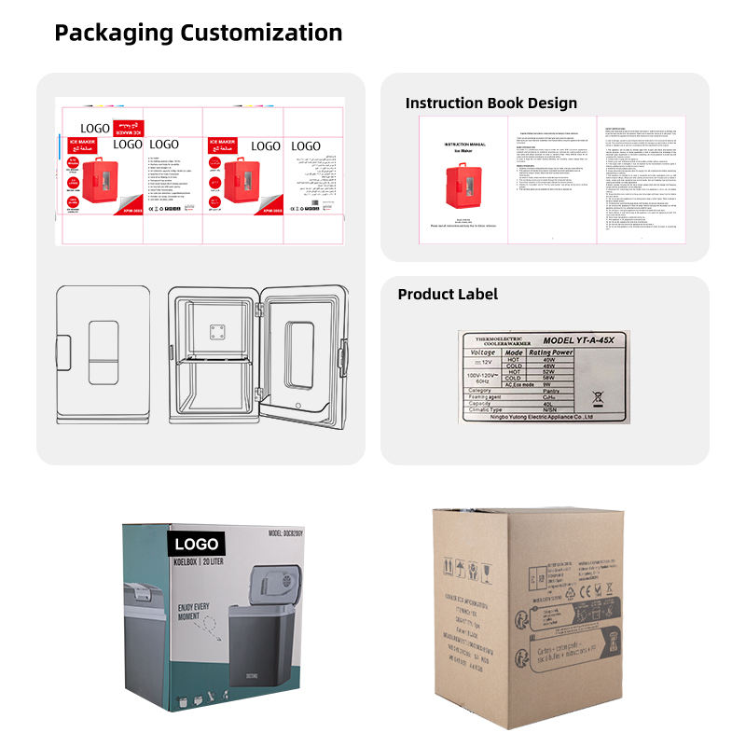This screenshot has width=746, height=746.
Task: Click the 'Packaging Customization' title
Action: [x=198, y=34]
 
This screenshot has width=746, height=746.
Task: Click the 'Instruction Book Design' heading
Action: [x=490, y=103]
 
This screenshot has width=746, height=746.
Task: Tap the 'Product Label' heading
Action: [x=448, y=295]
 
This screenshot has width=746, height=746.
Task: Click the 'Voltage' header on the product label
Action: [x=483, y=353]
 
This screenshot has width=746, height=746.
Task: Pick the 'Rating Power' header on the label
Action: [x=549, y=353]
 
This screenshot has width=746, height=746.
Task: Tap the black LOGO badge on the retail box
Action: [x=195, y=545]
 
